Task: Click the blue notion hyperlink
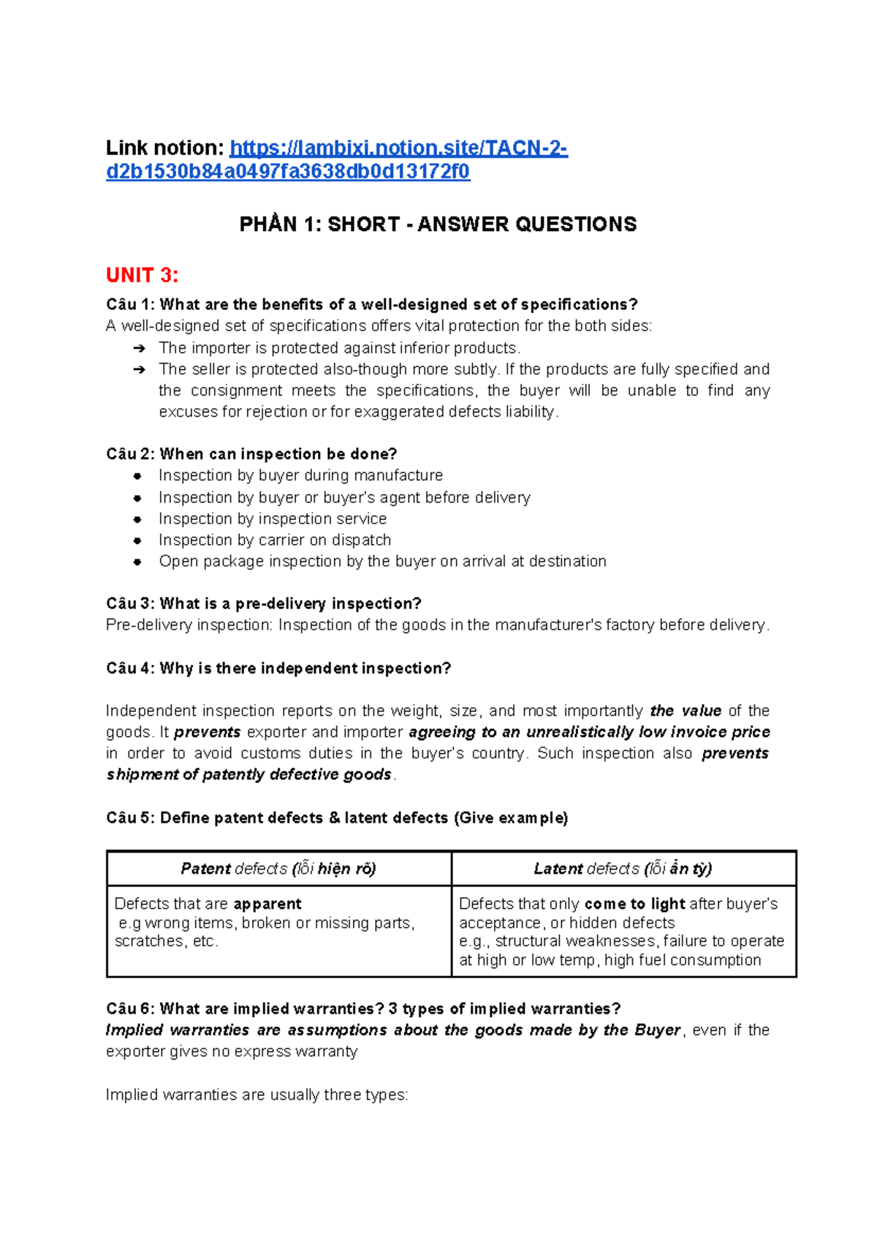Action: [398, 149]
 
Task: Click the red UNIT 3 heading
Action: [142, 276]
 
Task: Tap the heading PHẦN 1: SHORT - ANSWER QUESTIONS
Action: [438, 224]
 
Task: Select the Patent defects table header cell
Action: [278, 869]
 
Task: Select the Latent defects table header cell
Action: [623, 869]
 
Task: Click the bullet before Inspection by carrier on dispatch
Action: [137, 541]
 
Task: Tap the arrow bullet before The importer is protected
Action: [139, 349]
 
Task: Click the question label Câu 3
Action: [129, 604]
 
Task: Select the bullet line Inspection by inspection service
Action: [273, 519]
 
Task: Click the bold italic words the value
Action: [686, 711]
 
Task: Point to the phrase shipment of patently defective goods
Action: [248, 775]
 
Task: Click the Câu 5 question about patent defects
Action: [337, 818]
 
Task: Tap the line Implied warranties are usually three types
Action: [257, 1095]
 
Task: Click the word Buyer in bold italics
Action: [657, 1031]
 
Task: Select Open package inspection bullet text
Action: [382, 562]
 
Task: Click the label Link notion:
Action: [164, 148]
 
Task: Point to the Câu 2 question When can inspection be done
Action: [251, 454]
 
